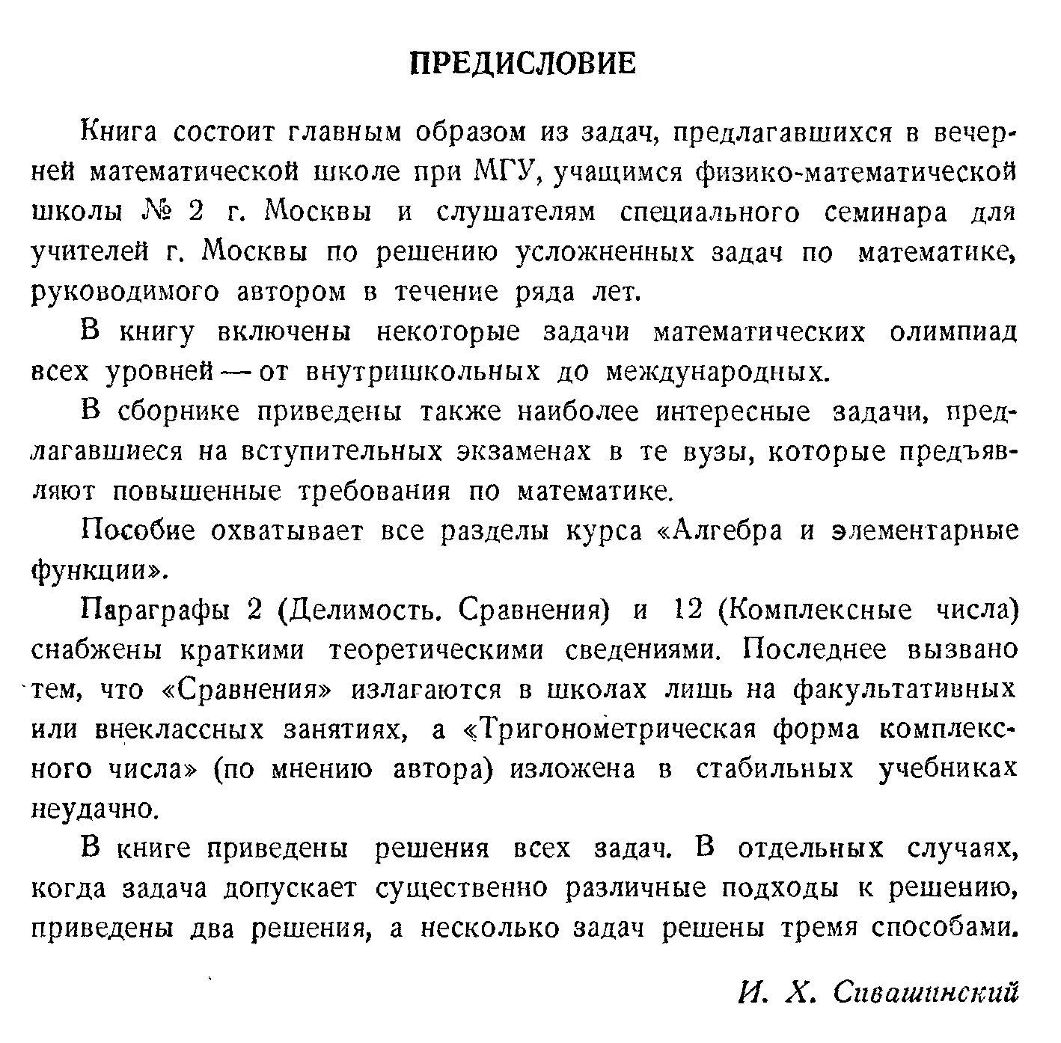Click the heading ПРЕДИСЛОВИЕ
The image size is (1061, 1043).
tap(524, 63)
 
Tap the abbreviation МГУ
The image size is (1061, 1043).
tap(510, 173)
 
